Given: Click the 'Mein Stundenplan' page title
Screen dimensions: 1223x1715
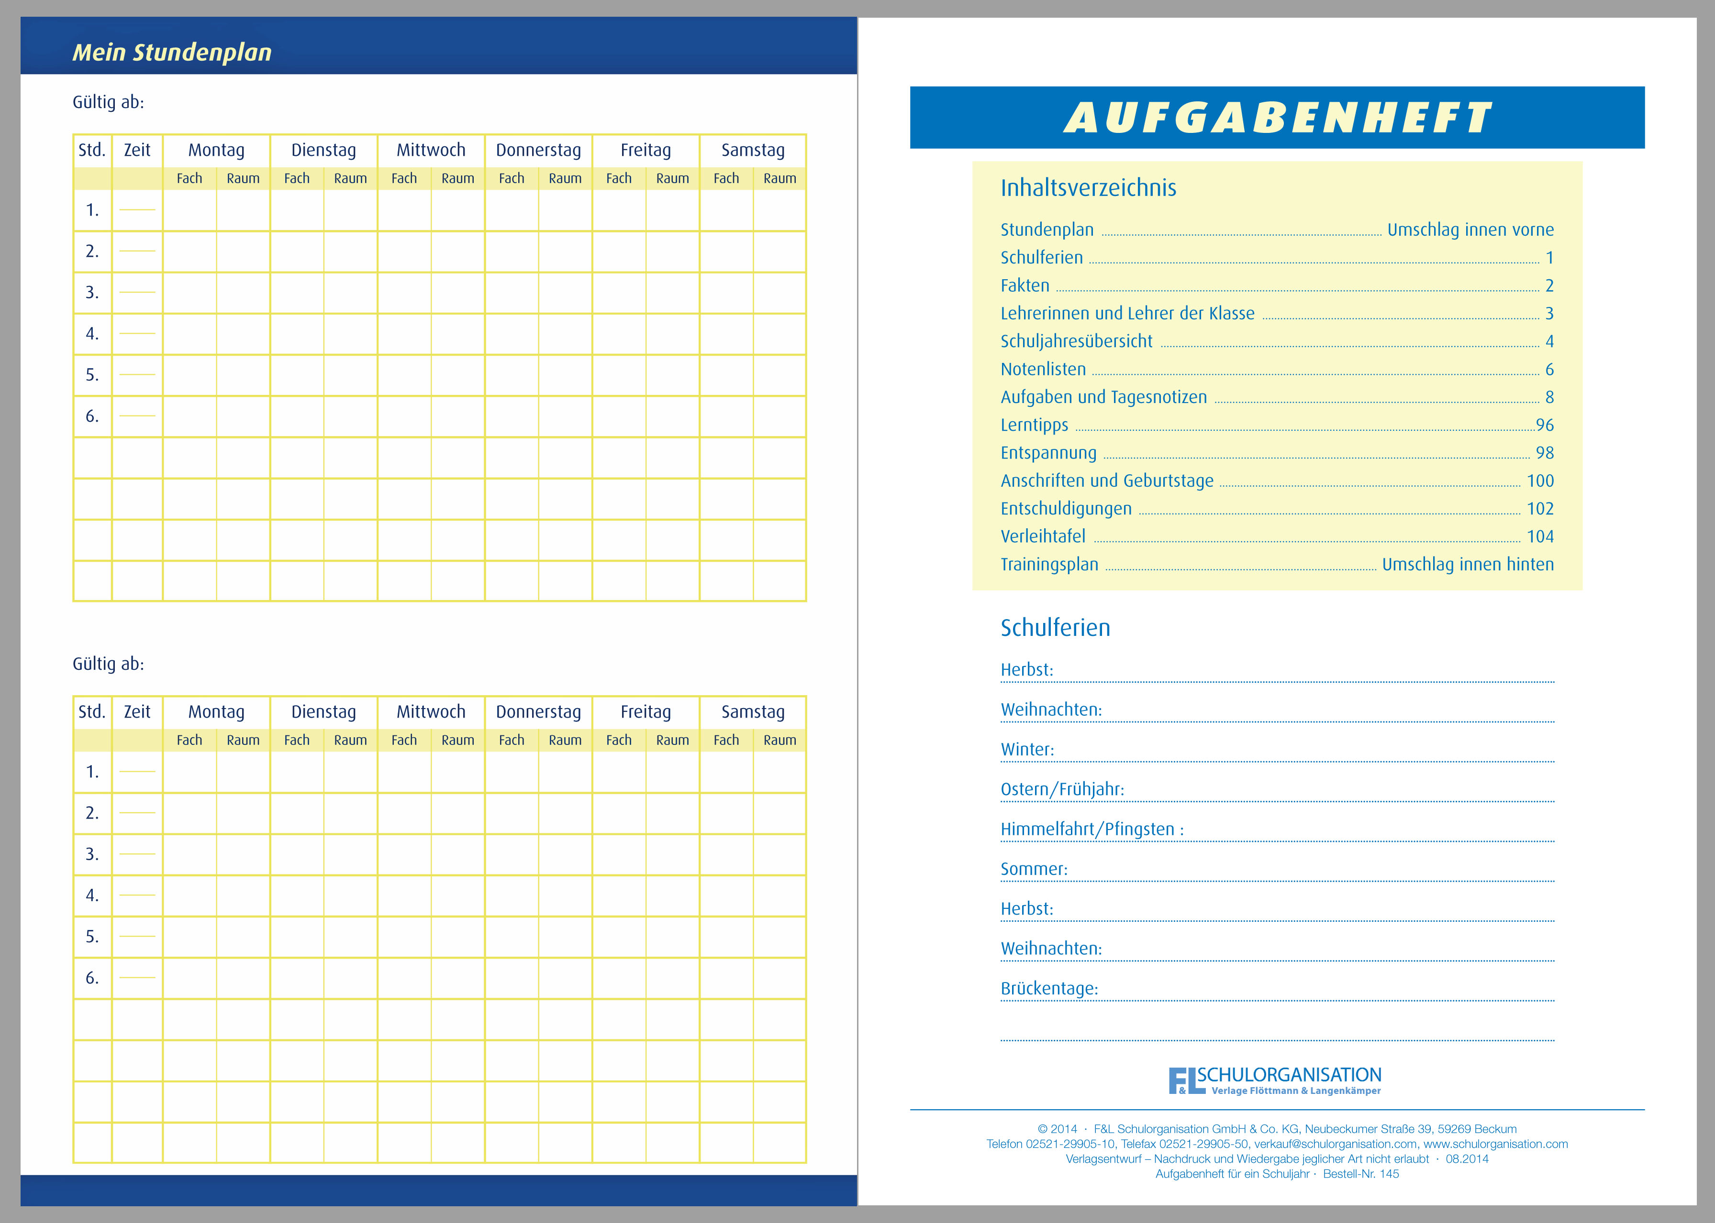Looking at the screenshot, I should click(x=172, y=52).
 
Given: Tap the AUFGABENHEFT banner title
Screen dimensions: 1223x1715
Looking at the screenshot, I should click(x=1277, y=118).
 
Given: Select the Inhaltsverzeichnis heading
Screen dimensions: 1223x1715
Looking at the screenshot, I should click(x=1088, y=187).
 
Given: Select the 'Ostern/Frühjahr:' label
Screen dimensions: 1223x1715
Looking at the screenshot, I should click(x=1062, y=789).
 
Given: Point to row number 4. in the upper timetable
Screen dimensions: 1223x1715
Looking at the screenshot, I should click(x=92, y=334).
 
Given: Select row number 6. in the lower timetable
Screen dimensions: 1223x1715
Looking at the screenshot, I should click(x=92, y=978).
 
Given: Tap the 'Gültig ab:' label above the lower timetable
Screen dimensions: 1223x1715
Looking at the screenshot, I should click(x=108, y=664).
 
